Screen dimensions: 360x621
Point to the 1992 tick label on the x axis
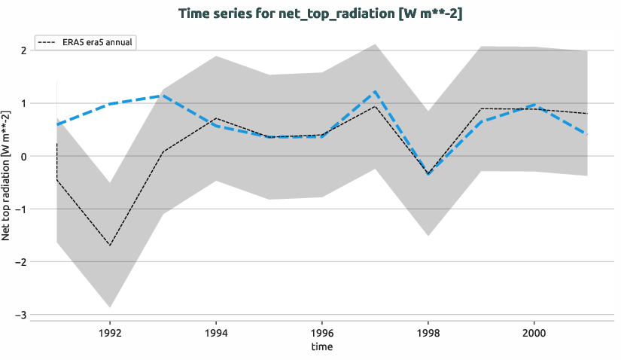110,331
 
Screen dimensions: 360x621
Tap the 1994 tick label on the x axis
216,331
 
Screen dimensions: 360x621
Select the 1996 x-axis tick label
322,331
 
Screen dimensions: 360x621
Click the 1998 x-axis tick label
428,331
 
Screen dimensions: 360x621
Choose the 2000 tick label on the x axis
534,331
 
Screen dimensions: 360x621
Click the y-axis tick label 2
24,50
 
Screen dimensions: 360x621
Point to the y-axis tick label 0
24,156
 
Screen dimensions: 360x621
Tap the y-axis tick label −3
22,315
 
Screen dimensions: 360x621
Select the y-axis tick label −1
22,209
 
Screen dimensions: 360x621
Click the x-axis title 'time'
321,347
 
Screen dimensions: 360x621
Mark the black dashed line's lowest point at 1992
110,246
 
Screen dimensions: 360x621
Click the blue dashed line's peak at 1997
375,92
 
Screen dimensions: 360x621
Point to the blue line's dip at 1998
428,175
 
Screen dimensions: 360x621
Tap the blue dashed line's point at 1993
163,96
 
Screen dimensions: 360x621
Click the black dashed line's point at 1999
481,108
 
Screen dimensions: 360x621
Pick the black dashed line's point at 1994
216,118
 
